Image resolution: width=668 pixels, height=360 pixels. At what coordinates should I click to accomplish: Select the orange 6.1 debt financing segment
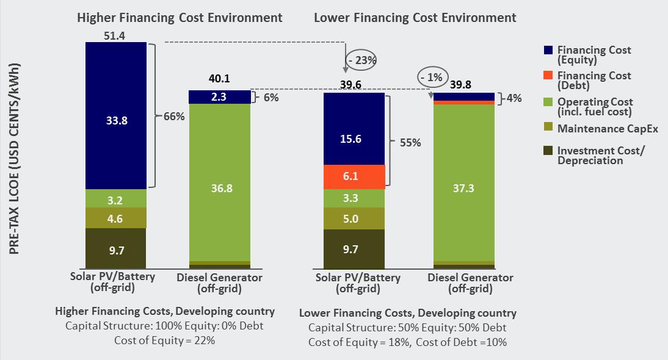point(354,177)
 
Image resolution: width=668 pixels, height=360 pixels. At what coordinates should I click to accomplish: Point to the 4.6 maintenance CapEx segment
point(116,218)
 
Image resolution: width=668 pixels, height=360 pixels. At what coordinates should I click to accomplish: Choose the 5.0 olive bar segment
point(354,218)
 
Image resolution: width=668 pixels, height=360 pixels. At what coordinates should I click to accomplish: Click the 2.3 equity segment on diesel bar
point(220,97)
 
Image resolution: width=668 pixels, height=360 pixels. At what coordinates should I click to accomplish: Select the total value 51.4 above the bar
point(115,36)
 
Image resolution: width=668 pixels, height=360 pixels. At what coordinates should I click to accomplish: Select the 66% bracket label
point(173,116)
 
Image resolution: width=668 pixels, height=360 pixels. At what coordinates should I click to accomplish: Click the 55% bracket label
point(410,142)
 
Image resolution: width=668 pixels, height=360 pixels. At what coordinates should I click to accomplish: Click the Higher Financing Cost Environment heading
point(180,18)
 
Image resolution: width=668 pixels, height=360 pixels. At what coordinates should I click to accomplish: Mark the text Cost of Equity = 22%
point(164,340)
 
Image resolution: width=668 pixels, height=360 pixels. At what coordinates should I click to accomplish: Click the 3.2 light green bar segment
point(116,198)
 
